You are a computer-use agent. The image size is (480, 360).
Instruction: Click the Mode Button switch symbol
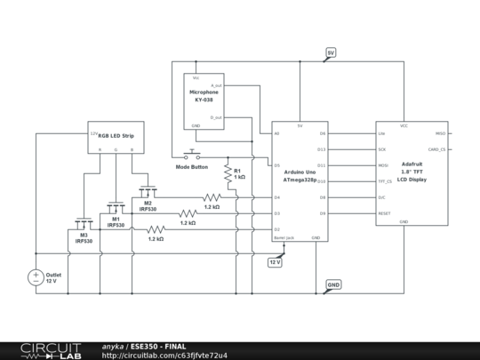[x=193, y=156]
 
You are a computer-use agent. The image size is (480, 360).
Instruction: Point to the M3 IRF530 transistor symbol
[x=83, y=223]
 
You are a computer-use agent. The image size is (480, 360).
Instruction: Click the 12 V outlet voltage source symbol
[x=36, y=277]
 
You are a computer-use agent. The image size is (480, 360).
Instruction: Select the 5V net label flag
[x=331, y=52]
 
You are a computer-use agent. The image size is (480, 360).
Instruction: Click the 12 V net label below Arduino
[x=275, y=262]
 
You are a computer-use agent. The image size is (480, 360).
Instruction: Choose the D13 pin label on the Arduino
[x=321, y=149]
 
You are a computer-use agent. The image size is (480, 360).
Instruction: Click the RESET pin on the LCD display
[x=384, y=213]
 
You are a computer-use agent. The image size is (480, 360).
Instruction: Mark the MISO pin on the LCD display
[x=440, y=133]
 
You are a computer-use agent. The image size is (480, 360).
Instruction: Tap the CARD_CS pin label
[x=436, y=149]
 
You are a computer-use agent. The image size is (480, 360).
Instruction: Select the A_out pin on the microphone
[x=216, y=84]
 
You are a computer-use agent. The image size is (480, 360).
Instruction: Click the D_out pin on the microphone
[x=216, y=116]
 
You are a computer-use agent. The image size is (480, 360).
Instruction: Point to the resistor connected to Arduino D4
[x=212, y=197]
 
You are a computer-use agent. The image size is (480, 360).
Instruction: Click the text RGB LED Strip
[x=116, y=133]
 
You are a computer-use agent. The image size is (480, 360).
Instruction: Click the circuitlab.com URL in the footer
[x=164, y=356]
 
